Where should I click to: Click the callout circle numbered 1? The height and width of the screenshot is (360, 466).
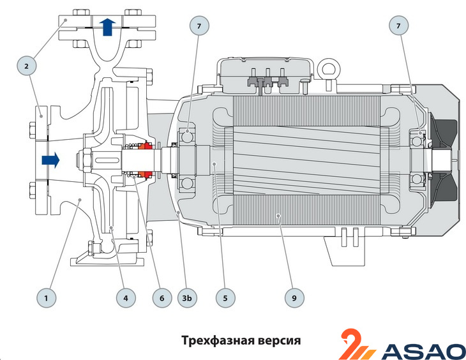(x=46, y=297)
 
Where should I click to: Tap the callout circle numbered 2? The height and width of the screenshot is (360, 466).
(x=27, y=65)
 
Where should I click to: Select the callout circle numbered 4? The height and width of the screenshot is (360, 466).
(x=126, y=297)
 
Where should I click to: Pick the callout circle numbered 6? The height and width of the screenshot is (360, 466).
(x=162, y=297)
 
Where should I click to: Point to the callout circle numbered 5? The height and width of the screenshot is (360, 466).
(x=225, y=297)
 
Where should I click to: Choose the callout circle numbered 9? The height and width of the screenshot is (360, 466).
(x=296, y=297)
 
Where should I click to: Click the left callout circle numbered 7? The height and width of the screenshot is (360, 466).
(x=199, y=26)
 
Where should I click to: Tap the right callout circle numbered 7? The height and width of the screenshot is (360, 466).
(x=399, y=26)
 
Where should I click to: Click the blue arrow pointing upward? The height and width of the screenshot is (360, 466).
(x=107, y=26)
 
